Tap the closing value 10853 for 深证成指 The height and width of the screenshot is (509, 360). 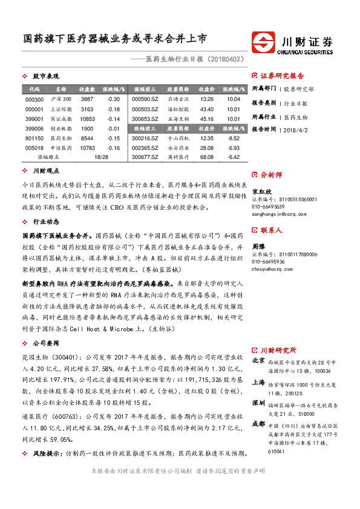point(87,119)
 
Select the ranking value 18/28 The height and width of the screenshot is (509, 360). point(101,158)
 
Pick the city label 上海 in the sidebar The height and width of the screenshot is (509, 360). point(258,383)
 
